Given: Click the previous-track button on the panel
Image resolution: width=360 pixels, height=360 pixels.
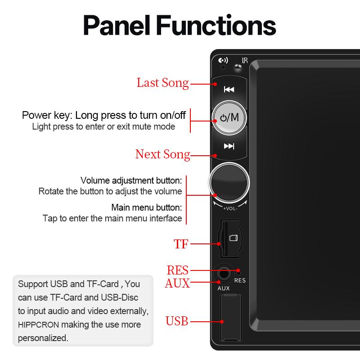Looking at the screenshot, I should coord(229,89).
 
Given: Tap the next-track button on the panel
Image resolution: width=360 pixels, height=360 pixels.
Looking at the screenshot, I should coord(229,146).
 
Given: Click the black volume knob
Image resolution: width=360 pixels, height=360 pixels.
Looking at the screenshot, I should coord(229,182).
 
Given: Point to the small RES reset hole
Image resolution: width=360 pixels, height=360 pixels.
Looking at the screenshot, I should coord(239,272).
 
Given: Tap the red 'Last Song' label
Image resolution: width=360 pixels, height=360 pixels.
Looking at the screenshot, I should coord(162,83).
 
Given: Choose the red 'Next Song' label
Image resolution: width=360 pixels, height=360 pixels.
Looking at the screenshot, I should coord(162,154).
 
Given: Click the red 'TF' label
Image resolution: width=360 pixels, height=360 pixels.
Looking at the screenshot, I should coord(181,244).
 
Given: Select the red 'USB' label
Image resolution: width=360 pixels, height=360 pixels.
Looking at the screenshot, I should coord(177,322).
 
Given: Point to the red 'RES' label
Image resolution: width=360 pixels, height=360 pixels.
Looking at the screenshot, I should coord(177,270).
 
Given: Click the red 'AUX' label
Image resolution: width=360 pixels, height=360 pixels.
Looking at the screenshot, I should coord(177,283).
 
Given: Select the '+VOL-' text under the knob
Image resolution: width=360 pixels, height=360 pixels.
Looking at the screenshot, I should coord(229,208).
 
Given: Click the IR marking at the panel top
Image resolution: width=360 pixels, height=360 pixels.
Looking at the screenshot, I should coord(245,60).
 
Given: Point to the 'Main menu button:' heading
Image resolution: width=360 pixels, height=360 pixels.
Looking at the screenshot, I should coord(147,208).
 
